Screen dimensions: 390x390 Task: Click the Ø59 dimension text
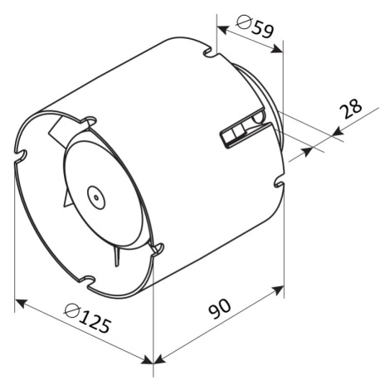(x=256, y=26)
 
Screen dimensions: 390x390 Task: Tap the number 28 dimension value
(x=350, y=108)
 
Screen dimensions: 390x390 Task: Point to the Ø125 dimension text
(x=88, y=319)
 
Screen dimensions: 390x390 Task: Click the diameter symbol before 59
(x=244, y=22)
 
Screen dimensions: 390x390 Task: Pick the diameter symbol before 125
(x=72, y=311)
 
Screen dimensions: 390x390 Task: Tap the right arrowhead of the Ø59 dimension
(x=277, y=49)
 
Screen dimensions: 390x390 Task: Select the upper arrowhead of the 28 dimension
(x=338, y=132)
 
